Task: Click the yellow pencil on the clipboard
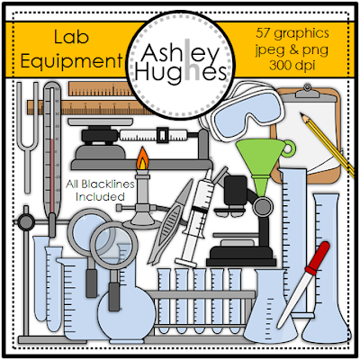tap(327, 145)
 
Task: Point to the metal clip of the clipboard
tap(307, 92)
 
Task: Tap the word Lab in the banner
tap(71, 37)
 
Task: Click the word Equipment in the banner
tap(72, 60)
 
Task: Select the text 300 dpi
tap(292, 65)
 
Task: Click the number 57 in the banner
tap(263, 32)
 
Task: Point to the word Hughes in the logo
tap(181, 73)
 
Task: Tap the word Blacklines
tap(108, 184)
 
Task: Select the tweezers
tap(169, 224)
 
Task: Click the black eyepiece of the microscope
tap(235, 190)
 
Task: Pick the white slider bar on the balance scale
tap(153, 135)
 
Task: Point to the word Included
tap(100, 197)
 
